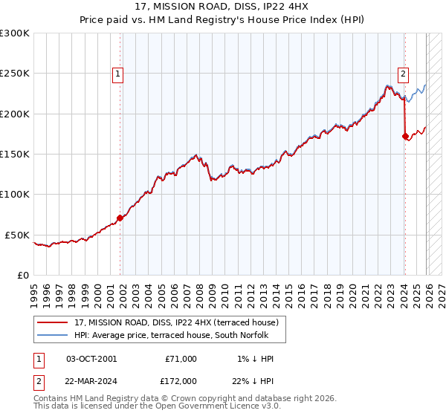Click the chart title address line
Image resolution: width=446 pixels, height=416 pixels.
(222, 6)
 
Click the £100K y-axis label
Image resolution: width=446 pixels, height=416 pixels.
(15, 194)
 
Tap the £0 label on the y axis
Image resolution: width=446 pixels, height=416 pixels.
(22, 275)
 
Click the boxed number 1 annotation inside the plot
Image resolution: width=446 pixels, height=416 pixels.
(118, 74)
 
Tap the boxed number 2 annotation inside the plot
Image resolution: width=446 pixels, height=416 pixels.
(403, 74)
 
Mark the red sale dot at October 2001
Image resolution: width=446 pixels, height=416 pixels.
(120, 218)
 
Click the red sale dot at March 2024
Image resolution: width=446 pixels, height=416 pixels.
(405, 136)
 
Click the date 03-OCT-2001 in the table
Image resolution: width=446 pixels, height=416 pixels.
(91, 359)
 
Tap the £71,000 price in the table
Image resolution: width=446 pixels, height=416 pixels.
(181, 359)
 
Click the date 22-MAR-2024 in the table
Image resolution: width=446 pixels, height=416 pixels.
(91, 380)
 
